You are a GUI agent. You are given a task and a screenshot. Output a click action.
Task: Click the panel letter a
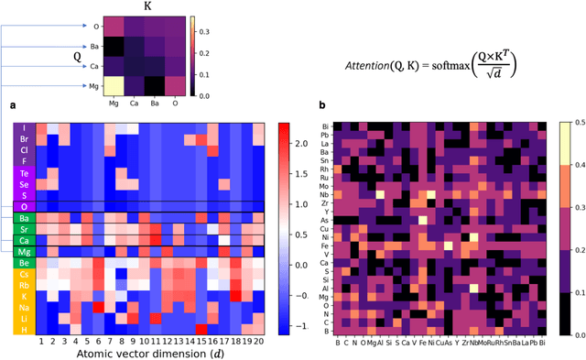tap(13, 107)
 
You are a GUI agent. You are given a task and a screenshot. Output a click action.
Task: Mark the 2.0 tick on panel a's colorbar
tap(309, 143)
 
